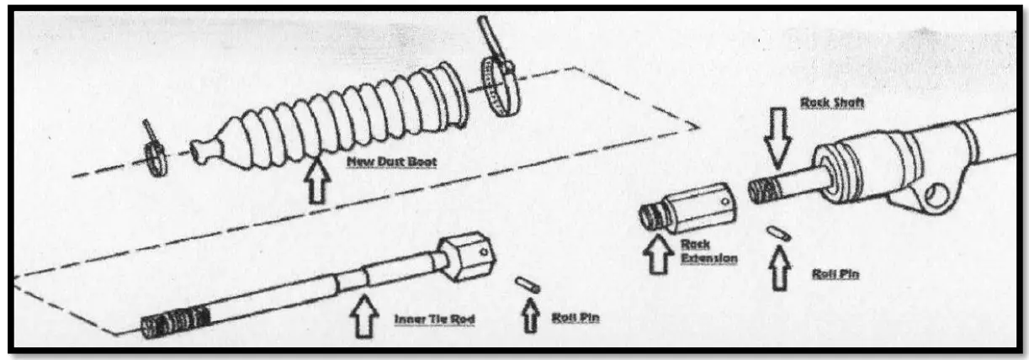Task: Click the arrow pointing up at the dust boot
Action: coord(316,183)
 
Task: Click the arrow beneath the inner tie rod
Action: coord(364,313)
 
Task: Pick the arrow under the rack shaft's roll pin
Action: coord(779,267)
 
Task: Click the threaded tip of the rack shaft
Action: coord(762,189)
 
